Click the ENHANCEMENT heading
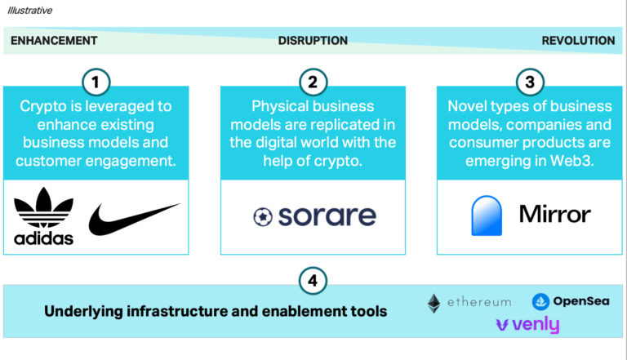click(54, 40)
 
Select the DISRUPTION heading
click(313, 40)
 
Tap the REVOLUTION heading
click(578, 40)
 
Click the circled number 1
click(96, 82)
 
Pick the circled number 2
click(313, 82)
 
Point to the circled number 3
click(530, 82)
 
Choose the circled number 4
click(313, 280)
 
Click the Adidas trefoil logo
click(43, 216)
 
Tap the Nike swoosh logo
click(134, 219)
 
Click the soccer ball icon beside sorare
click(263, 217)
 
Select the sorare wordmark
click(327, 216)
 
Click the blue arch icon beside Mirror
click(487, 216)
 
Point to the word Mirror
click(554, 214)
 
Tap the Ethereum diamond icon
click(434, 304)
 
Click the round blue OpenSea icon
click(540, 301)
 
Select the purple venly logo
click(527, 325)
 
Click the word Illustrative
click(30, 11)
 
